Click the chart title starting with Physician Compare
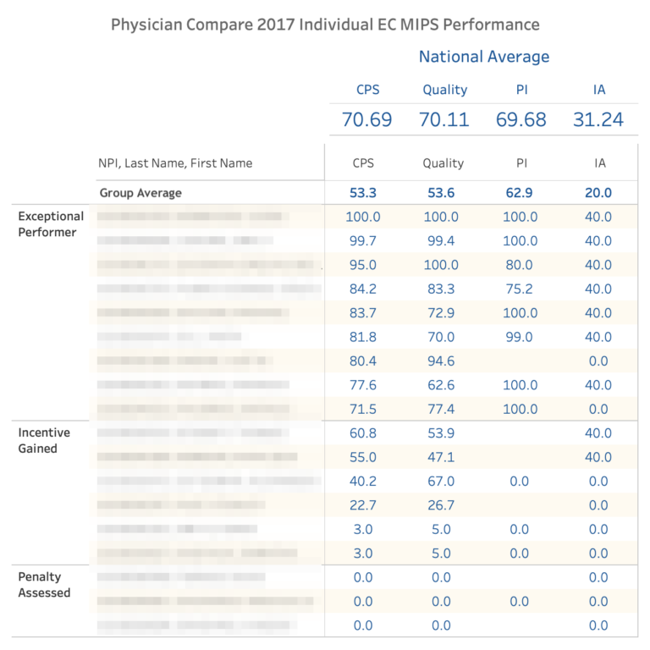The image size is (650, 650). point(325,24)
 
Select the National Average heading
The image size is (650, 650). point(483,57)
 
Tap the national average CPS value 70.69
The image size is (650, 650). point(366,119)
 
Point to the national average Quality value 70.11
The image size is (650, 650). point(444,119)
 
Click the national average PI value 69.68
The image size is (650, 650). point(521,119)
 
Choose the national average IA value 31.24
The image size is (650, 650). point(598,119)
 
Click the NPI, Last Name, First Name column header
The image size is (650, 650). point(176,163)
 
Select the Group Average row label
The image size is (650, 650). point(140,193)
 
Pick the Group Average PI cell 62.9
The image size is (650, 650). point(520,193)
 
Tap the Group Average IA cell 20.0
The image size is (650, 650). point(598,193)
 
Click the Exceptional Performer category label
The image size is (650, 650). point(51,224)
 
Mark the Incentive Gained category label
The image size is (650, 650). point(44,440)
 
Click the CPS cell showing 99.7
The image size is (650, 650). point(363,241)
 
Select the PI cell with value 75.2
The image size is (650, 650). point(520,289)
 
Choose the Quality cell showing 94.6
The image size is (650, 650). point(441,361)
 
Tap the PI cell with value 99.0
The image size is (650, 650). point(520,337)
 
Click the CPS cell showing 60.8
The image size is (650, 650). point(363,433)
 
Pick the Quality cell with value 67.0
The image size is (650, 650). point(441,482)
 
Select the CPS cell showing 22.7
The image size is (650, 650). point(363,505)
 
